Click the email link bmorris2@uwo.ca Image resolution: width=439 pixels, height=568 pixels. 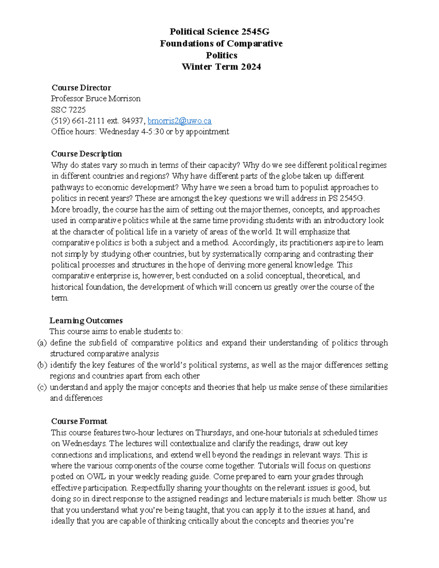click(179, 121)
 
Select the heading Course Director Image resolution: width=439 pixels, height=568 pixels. click(81, 88)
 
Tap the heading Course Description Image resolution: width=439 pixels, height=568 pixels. click(86, 154)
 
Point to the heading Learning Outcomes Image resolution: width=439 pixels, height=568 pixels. click(86, 320)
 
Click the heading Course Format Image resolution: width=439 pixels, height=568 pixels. click(79, 421)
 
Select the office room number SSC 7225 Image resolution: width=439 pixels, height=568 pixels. click(68, 110)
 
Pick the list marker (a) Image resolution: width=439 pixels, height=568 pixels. click(42, 343)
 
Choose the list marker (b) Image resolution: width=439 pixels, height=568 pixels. click(42, 365)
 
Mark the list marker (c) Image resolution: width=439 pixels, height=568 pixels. click(42, 387)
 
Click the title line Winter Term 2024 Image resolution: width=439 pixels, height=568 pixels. click(221, 67)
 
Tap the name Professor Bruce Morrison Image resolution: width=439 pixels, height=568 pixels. click(96, 99)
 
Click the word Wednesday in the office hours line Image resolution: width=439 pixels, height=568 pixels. click(119, 132)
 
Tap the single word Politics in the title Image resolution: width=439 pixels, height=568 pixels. click(221, 55)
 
